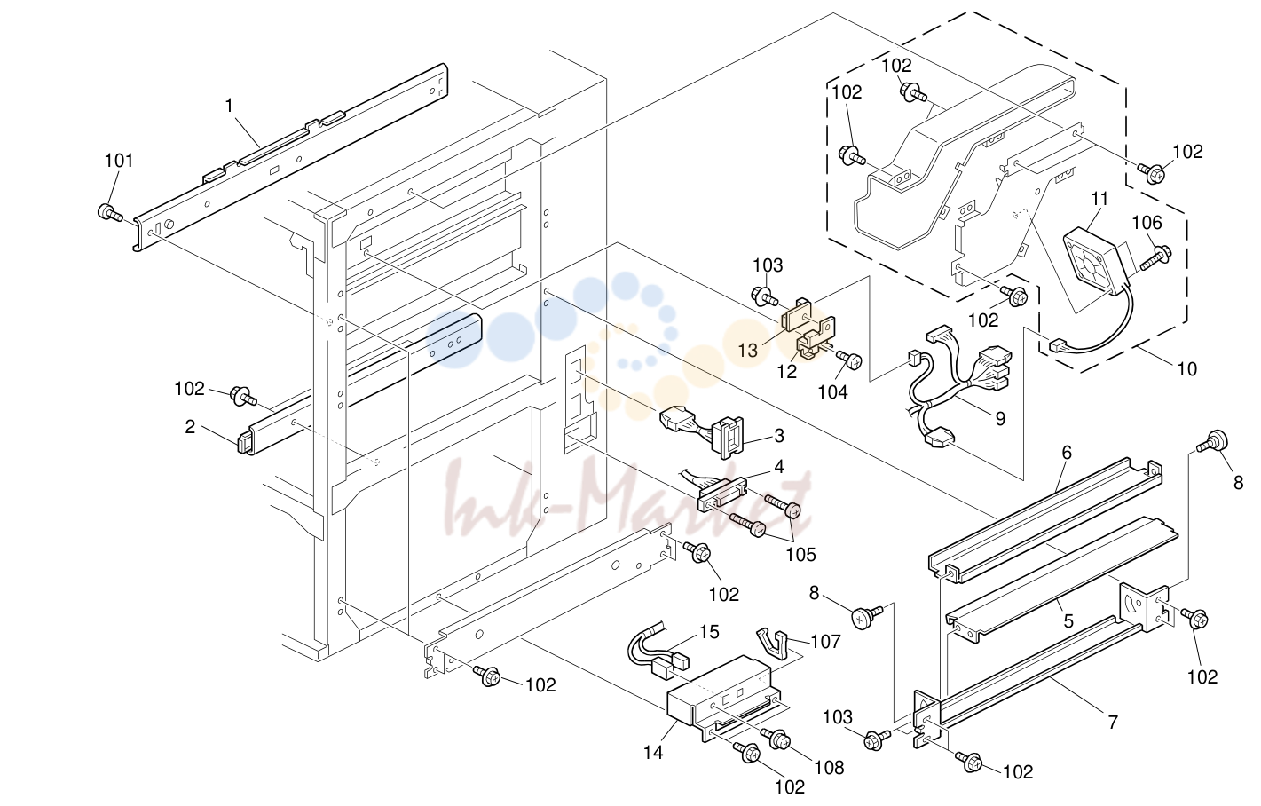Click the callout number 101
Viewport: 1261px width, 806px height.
[119, 161]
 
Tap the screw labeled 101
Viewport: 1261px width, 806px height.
[110, 213]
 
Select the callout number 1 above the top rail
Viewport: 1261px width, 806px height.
[229, 106]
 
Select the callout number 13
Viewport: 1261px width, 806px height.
[747, 351]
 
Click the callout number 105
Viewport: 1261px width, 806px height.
[800, 555]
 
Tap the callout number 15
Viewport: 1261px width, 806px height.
[709, 633]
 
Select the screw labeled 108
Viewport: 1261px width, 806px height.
[776, 739]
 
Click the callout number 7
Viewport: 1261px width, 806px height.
[1113, 722]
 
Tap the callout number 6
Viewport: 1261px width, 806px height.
[1067, 453]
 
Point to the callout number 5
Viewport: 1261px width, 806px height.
[1068, 621]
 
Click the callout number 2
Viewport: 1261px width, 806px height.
[190, 427]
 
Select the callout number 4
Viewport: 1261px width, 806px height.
[779, 467]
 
